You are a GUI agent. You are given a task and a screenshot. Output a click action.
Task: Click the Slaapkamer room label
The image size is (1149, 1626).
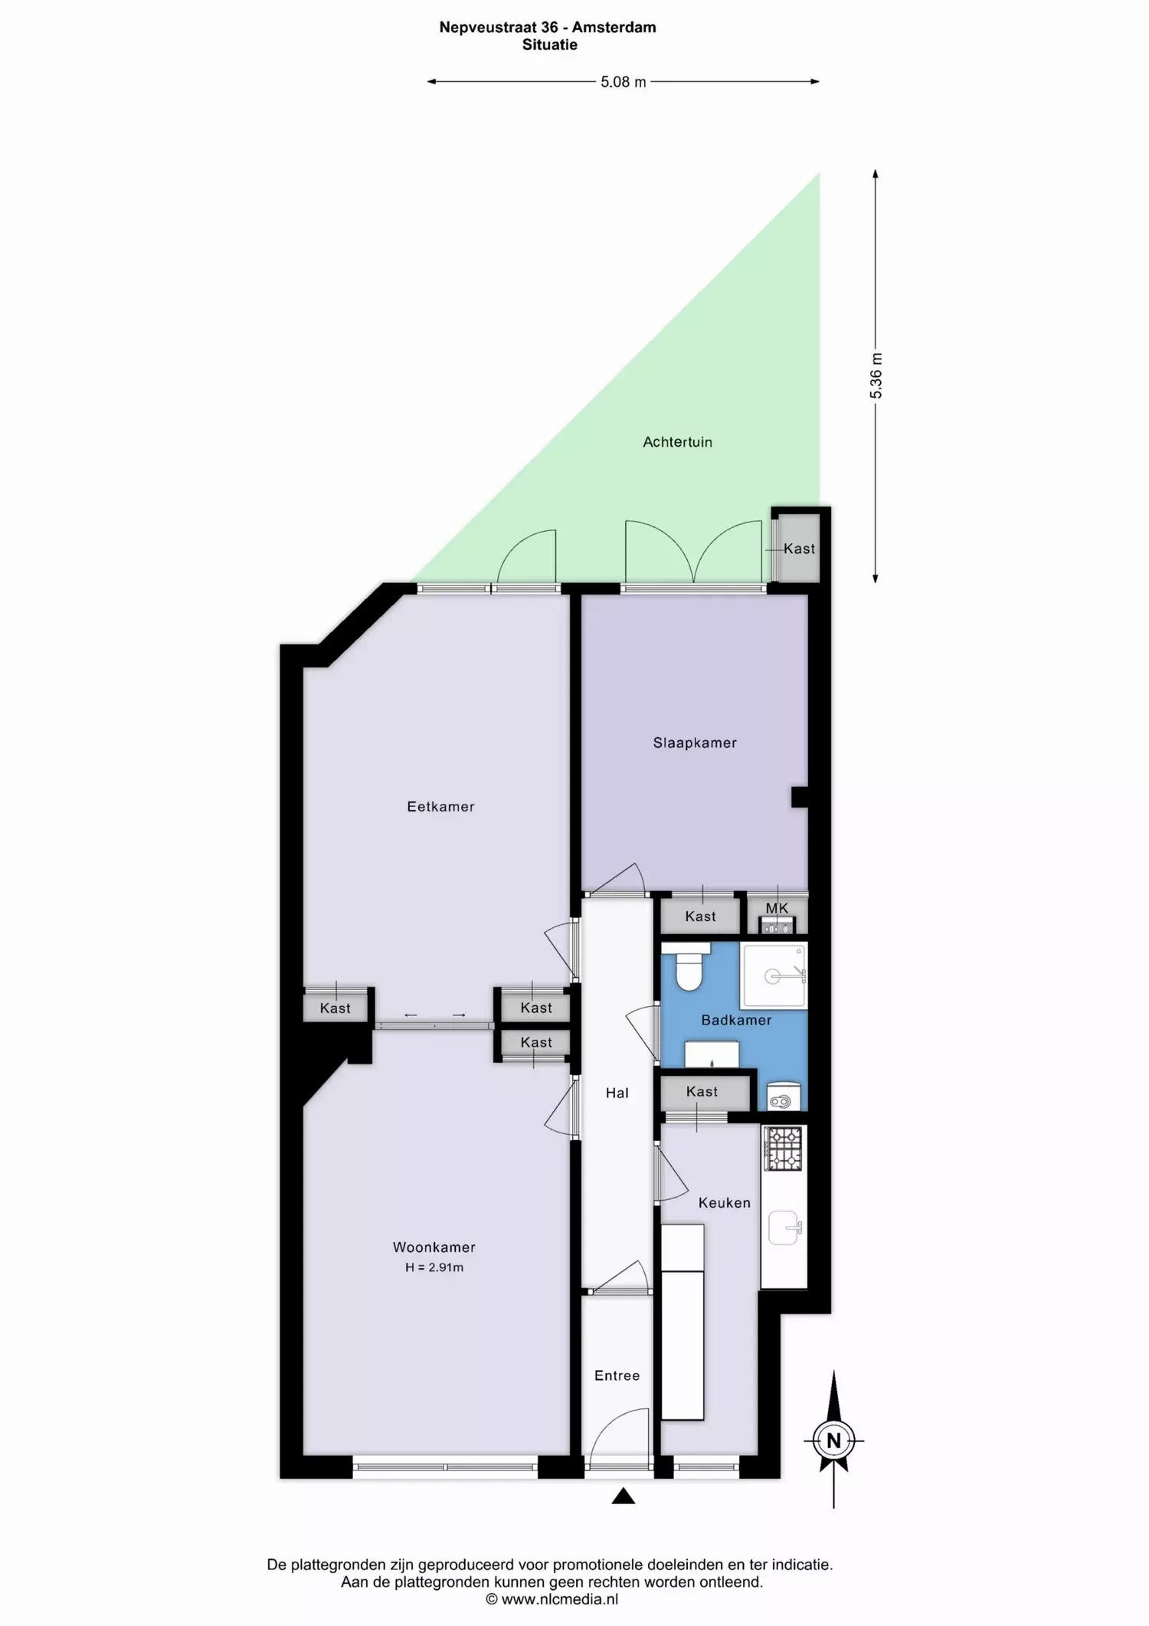(x=695, y=743)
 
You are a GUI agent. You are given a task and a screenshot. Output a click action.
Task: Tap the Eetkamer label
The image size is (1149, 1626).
(x=440, y=806)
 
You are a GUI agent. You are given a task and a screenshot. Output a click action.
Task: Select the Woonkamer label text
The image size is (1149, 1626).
(x=434, y=1247)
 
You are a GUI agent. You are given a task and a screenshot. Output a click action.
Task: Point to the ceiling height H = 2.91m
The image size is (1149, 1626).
(x=434, y=1267)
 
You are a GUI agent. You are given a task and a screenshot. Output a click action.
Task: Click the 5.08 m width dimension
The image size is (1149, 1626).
(x=624, y=82)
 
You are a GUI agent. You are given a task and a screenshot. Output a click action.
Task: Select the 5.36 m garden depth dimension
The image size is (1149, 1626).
(x=876, y=375)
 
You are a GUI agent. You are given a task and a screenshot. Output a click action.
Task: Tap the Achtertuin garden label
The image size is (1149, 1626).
(x=678, y=442)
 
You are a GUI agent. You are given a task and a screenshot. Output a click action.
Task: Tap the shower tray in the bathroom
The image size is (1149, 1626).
(x=774, y=975)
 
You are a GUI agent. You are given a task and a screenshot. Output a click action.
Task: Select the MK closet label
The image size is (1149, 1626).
(x=777, y=908)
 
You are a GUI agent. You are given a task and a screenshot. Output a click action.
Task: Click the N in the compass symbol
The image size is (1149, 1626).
(x=833, y=1440)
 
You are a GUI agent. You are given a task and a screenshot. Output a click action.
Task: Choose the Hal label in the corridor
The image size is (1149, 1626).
(x=617, y=1093)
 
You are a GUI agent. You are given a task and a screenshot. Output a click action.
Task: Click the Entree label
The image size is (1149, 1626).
(x=617, y=1375)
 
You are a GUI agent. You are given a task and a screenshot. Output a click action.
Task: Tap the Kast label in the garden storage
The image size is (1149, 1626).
(x=799, y=549)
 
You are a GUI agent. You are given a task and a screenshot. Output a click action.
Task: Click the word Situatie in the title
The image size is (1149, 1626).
(x=550, y=44)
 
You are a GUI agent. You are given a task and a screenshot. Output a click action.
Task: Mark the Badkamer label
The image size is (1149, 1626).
(x=736, y=1020)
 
